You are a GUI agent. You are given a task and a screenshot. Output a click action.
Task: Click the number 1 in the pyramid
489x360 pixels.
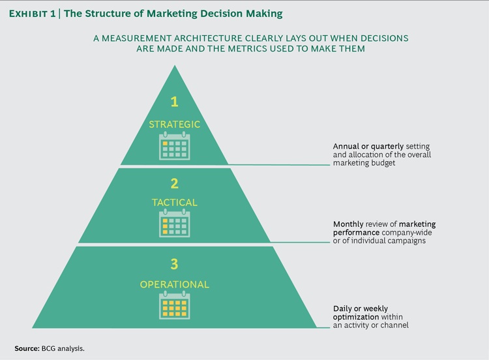coord(174,102)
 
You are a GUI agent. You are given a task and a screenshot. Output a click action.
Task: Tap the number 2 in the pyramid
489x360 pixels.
coord(174,184)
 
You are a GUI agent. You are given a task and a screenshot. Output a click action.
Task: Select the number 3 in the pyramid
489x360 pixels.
coord(174,263)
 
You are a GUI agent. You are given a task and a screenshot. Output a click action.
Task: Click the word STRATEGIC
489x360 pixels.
coord(174,124)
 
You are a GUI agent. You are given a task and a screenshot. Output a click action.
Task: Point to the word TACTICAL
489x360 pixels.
coord(174,203)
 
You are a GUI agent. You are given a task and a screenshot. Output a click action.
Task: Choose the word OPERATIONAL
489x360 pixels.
coord(174,284)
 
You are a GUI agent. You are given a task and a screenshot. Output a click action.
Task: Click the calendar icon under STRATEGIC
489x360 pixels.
coord(175,146)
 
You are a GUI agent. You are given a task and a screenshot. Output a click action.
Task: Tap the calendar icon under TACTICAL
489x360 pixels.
coord(175,224)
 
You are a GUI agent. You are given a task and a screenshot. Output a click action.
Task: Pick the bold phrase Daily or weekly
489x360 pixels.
coord(353,308)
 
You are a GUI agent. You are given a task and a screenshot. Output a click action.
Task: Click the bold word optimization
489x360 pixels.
coord(349,316)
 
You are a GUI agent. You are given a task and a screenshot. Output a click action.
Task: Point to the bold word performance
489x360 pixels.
coord(349,233)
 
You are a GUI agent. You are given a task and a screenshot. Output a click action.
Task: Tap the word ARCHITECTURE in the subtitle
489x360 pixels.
coord(212,38)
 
